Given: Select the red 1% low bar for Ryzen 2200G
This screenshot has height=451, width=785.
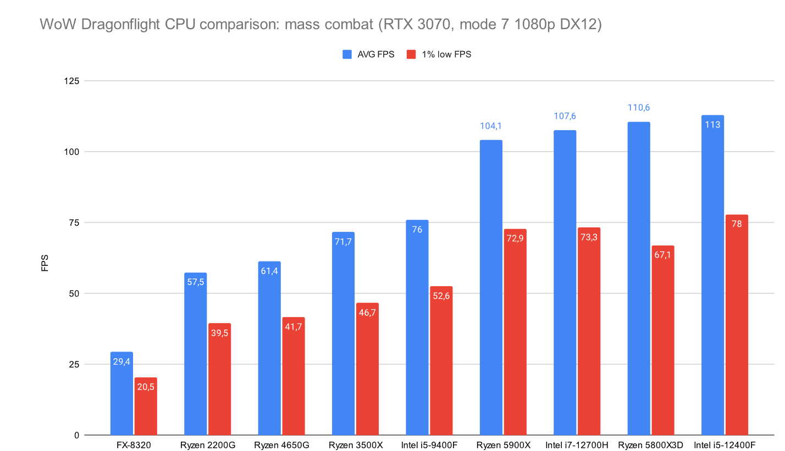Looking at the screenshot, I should click(219, 379).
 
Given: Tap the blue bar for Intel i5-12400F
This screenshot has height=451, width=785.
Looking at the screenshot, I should click(712, 275).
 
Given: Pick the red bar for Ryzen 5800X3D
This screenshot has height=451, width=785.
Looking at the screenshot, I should click(662, 341).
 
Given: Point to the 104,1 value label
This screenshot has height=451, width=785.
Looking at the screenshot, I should click(491, 126).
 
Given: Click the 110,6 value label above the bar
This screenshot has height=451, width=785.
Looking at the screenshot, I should click(639, 108).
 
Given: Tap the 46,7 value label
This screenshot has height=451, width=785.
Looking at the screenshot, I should click(367, 313).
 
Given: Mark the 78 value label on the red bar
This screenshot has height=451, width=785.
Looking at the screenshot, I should click(737, 225).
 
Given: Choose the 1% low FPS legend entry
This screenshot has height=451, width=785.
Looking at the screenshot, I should click(438, 54).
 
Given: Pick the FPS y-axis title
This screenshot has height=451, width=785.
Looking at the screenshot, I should click(45, 262).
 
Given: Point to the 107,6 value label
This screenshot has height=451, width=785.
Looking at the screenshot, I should click(565, 116).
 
